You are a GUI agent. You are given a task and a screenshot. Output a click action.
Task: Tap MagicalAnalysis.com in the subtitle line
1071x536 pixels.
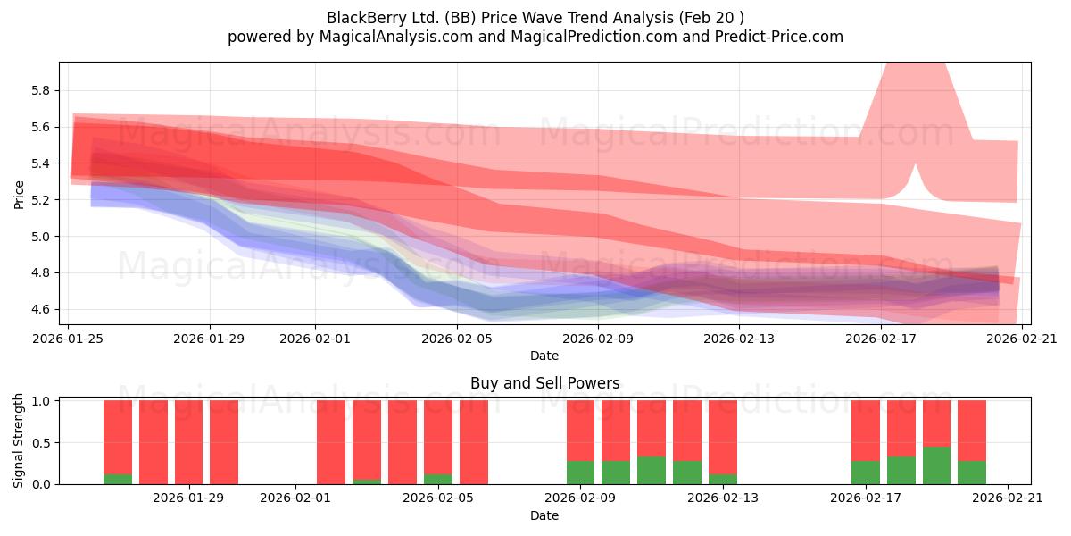[396, 37]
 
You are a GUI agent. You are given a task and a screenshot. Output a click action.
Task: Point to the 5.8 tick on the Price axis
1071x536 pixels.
[41, 90]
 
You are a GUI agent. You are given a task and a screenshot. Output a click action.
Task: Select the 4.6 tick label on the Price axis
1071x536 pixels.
[41, 309]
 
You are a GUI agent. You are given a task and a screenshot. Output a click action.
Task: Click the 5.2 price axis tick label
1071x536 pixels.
[41, 200]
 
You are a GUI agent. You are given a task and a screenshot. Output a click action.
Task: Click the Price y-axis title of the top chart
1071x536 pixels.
[19, 195]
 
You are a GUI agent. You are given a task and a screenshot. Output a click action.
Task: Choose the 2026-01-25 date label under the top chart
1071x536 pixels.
[68, 339]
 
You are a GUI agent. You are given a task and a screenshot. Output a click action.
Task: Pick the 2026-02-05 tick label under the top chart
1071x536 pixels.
[457, 339]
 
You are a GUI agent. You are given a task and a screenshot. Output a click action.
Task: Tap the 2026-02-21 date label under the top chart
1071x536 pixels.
[1022, 339]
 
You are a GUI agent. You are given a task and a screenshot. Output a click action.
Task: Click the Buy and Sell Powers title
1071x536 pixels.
[544, 383]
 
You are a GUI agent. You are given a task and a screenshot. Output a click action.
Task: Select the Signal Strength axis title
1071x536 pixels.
[18, 440]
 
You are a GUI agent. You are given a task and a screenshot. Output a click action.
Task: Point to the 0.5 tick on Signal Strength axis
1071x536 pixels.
[41, 443]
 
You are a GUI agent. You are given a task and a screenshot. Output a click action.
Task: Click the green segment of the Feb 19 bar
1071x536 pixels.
[936, 465]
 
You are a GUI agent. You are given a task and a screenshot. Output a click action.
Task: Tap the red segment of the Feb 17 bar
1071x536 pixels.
[866, 431]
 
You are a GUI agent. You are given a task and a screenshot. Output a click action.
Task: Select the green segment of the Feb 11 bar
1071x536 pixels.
[652, 471]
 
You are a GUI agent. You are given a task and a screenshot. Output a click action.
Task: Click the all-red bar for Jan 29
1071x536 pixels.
[189, 442]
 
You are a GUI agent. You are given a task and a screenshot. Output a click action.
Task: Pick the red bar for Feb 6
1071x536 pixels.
[474, 442]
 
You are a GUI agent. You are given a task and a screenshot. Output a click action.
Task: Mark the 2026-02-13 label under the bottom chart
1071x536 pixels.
[722, 498]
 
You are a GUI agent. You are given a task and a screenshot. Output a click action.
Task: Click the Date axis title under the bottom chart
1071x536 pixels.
[544, 515]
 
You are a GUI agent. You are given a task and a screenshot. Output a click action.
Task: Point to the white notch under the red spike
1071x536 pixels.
[915, 184]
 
